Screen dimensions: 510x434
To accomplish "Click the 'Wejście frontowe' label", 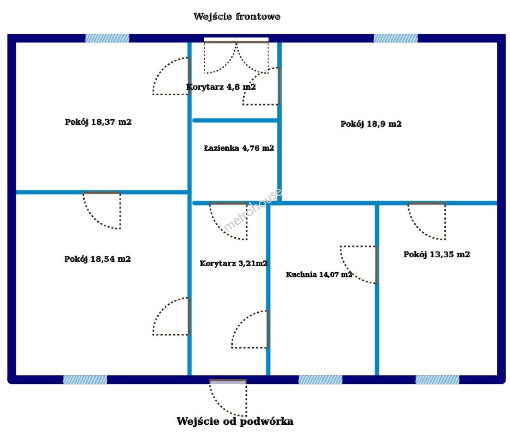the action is point(237,17).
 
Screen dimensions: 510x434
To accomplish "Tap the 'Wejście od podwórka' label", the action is point(235,421).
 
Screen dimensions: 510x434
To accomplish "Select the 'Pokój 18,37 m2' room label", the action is point(98,122).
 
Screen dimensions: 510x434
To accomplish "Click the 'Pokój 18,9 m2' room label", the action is point(371,124).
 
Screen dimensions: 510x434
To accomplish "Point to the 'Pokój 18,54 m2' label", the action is point(98,259).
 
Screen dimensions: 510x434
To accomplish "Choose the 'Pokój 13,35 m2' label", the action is point(436,254).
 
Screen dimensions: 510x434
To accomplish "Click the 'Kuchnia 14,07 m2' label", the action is point(319,274).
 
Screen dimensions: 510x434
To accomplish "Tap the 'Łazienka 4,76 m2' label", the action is point(239,148).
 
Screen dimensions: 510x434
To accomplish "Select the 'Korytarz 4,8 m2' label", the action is point(221,87).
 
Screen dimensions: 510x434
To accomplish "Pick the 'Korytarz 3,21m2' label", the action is point(233,263).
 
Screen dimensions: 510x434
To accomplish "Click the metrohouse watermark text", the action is point(252,210).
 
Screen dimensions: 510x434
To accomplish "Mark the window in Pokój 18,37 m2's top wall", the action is point(107,38).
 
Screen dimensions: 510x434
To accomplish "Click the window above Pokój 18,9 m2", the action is point(395,38).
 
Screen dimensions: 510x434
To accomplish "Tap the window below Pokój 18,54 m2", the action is point(85,380).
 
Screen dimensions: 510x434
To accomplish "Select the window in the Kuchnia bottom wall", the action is point(320,380).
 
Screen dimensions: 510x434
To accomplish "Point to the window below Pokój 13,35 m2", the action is point(437,380).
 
